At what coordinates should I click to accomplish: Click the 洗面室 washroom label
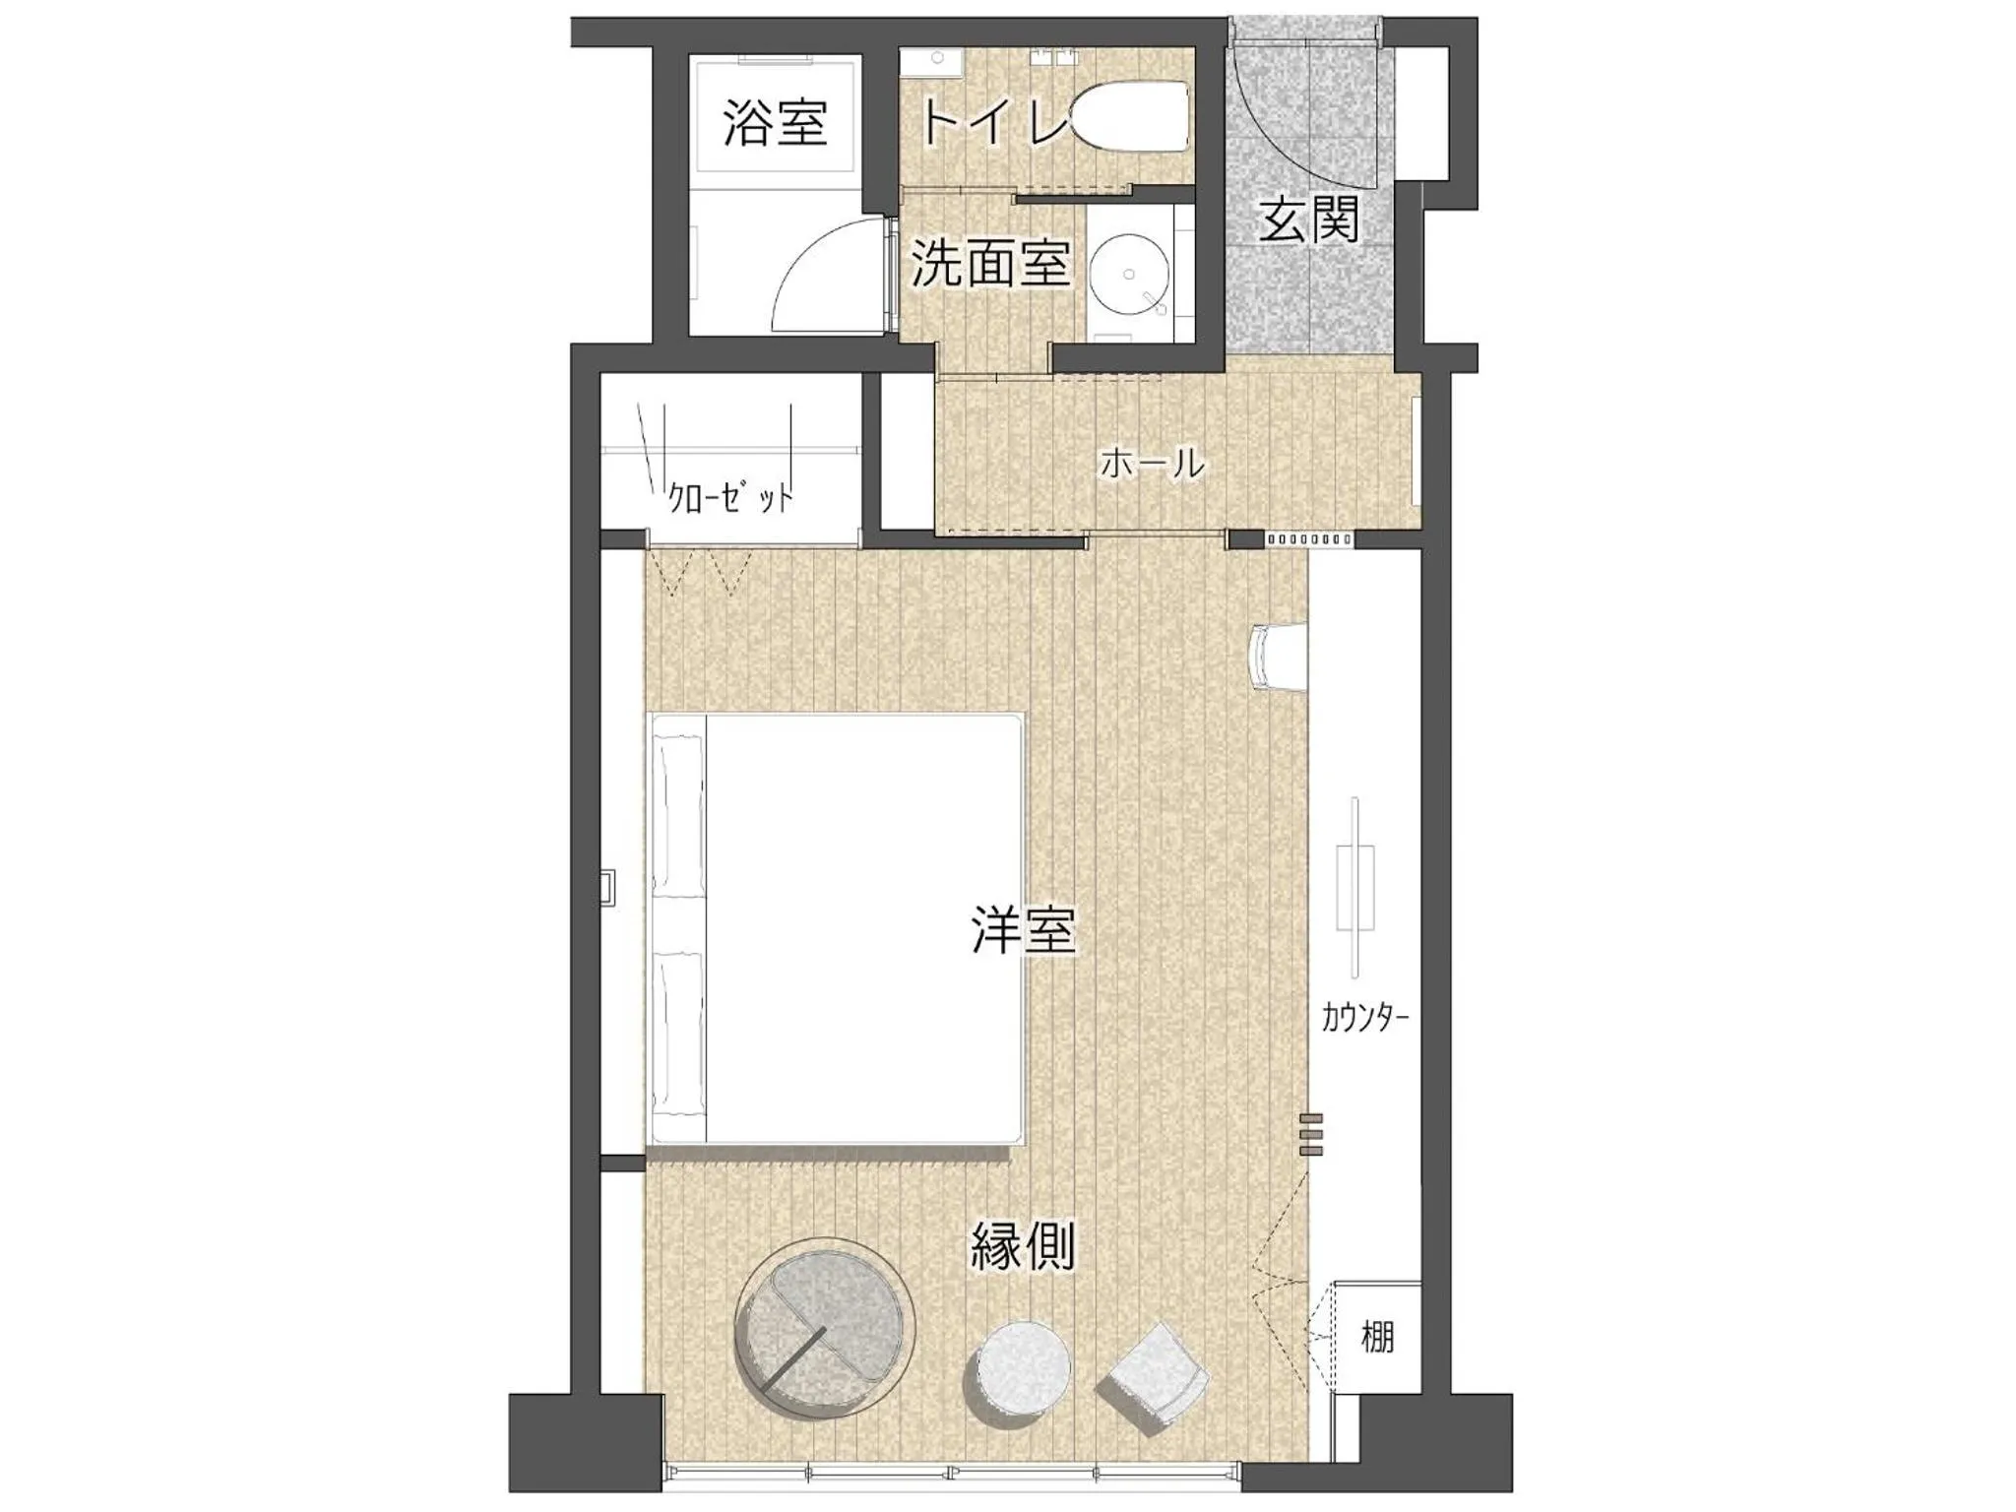click(x=990, y=264)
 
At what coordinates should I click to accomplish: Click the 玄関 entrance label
click(x=1310, y=219)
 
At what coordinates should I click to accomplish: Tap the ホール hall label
click(x=1152, y=463)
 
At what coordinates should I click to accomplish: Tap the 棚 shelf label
click(x=1377, y=1337)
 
